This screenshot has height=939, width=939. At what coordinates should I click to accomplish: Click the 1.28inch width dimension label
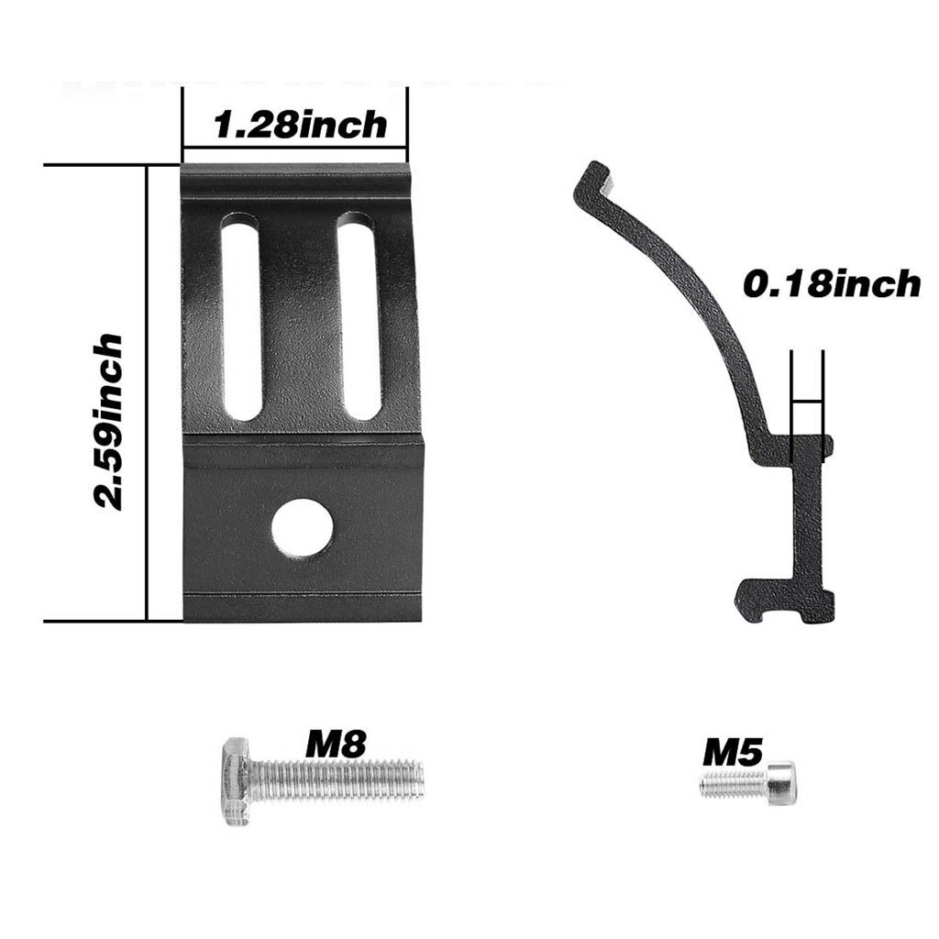coord(300,124)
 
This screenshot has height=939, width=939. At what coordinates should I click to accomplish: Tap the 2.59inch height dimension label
coord(109,421)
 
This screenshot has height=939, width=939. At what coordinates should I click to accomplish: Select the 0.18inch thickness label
coord(831,284)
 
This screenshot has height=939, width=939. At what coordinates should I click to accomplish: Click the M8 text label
coord(336,744)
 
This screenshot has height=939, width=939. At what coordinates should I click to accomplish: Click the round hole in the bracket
coord(302,528)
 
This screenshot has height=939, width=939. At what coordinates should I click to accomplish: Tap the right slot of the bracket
coord(359,316)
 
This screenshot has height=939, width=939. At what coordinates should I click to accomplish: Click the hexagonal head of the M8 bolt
coord(236,780)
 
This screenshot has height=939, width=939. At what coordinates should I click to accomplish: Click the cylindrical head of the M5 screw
coord(781,783)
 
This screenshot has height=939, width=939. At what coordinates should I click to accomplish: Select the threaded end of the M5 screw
coord(733,783)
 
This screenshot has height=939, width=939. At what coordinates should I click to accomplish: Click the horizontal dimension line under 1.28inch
coord(294,147)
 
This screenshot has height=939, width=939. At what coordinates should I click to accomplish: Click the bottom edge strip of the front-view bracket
coord(303,607)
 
